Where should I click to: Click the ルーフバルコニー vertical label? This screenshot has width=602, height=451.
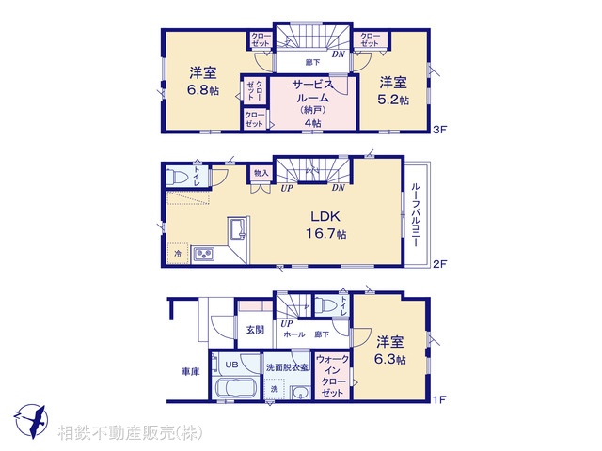point(416,215)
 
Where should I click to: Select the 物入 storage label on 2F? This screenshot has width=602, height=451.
point(261,173)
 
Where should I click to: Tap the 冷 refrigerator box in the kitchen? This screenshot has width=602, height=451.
point(177,253)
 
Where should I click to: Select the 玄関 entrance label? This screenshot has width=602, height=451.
point(255,330)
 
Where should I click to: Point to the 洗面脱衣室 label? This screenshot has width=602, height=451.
point(287,366)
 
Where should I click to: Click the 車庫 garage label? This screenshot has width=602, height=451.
point(190,372)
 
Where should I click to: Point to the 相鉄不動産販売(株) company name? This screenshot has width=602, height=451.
point(129,433)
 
